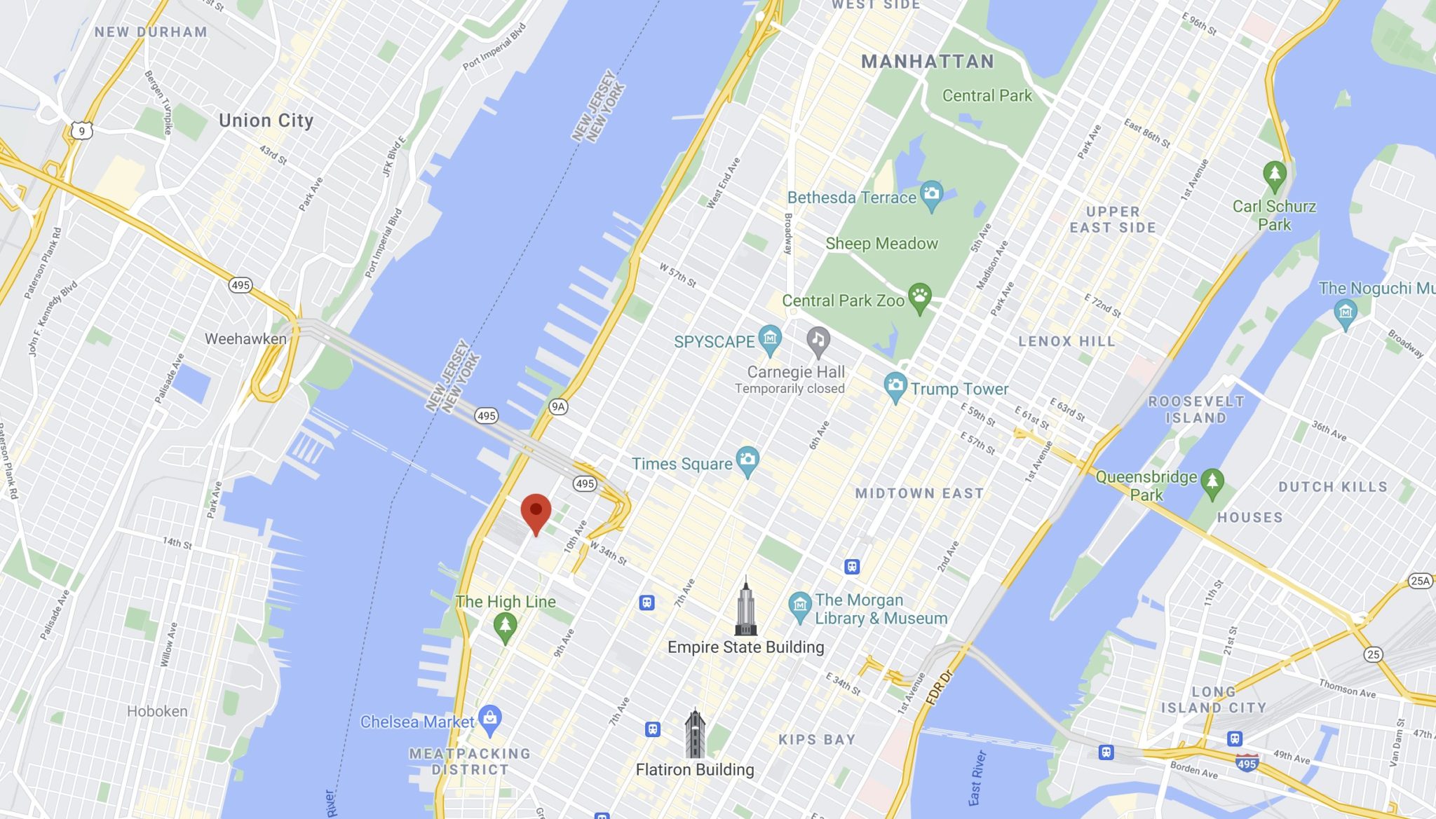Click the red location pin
(x=536, y=511)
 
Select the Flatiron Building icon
(x=695, y=734)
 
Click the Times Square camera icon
(x=747, y=461)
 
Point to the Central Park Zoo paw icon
(x=920, y=297)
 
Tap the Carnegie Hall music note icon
(x=818, y=341)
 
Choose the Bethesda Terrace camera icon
(x=932, y=195)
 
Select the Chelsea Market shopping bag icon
(x=490, y=719)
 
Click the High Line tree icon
(x=505, y=626)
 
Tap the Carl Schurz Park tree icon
(x=1274, y=175)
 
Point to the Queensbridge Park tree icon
(x=1212, y=483)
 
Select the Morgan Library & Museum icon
(x=799, y=606)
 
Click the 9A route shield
(x=558, y=406)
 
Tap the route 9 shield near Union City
(x=82, y=131)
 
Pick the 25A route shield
(x=1420, y=580)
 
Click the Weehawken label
(x=245, y=339)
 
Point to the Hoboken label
(x=157, y=711)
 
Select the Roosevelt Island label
(x=1195, y=409)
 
